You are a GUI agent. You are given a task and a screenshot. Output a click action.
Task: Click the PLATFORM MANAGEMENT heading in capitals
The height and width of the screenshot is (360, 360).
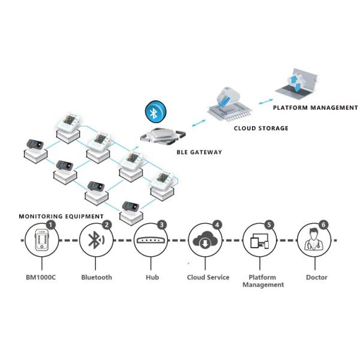coord(315,108)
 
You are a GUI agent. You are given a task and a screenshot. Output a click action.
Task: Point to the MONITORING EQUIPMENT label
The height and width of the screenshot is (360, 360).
coord(61,216)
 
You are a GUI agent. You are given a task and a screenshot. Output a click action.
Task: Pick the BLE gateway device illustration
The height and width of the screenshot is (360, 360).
coord(160,136)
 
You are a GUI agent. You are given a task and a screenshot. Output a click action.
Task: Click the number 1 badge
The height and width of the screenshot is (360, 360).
coord(51,225)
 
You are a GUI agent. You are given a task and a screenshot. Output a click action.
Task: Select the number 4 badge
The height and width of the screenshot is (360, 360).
coord(217,225)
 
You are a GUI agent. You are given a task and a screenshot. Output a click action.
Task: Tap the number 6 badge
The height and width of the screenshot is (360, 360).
coord(323,225)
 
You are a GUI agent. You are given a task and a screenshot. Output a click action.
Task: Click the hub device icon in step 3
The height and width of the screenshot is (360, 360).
coord(151,240)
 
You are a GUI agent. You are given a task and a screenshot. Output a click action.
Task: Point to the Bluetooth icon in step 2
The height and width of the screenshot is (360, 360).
coord(95,240)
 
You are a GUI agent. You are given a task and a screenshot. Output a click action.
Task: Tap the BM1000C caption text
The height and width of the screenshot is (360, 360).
coord(42,278)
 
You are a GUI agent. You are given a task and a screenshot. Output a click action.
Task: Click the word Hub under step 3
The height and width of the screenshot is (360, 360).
coord(152,278)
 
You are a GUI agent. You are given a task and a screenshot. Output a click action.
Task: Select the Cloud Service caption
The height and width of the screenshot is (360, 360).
coord(208,278)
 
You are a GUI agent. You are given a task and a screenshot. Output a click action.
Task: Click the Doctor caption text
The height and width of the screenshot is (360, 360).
coord(317,278)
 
